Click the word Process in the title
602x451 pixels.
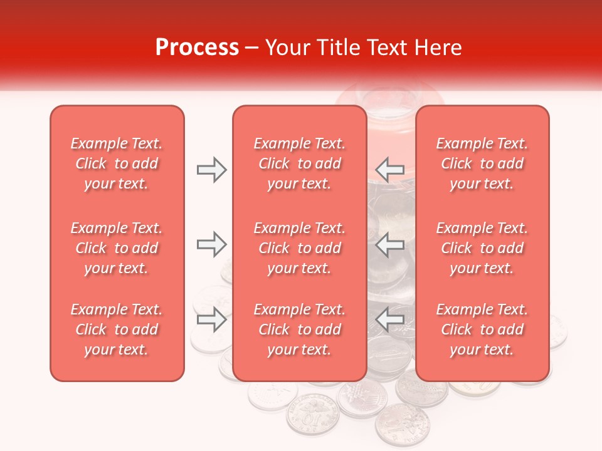coord(197,48)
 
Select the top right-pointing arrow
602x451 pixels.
coord(211,170)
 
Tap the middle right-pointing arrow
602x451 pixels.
coord(211,245)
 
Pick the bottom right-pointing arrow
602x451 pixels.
coord(211,320)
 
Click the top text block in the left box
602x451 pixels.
coord(117,163)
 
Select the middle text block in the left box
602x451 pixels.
coord(117,248)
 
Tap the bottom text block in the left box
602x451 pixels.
coord(117,329)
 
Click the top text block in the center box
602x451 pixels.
coord(300,163)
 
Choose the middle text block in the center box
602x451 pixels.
coord(300,248)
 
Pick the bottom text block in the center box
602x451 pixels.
coord(300,329)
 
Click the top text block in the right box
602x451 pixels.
coord(482,163)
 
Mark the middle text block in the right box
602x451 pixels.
coord(482,248)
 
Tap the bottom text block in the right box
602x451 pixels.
coord(482,329)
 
